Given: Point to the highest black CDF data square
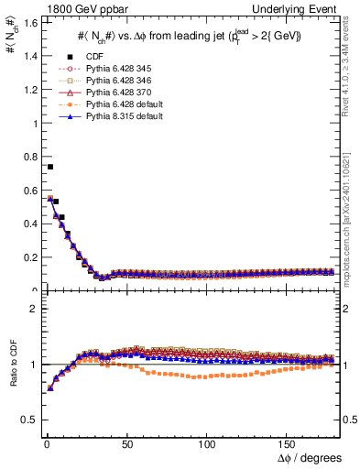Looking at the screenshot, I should [50, 167].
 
